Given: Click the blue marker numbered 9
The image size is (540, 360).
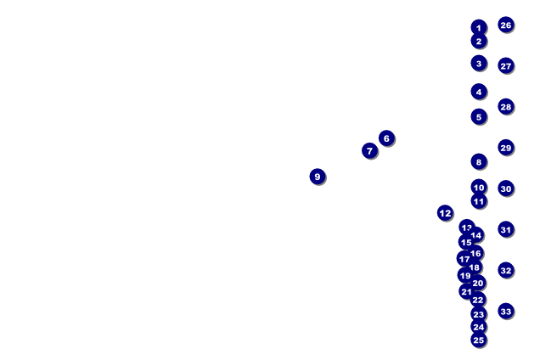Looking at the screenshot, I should (318, 177).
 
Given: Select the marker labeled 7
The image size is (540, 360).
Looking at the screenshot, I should (369, 151).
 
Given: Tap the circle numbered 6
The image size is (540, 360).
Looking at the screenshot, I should (386, 138).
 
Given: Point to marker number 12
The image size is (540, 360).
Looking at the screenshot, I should (445, 213).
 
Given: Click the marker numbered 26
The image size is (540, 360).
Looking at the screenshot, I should (506, 25).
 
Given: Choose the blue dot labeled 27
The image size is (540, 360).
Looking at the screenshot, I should (506, 66).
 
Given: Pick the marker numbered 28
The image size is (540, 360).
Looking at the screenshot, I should (506, 107).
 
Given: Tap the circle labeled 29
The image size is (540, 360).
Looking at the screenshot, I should (506, 148).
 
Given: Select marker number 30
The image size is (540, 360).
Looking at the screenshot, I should (506, 188).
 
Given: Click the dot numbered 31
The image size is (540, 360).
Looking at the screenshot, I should (506, 229).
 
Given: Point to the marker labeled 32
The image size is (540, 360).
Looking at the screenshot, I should (506, 271).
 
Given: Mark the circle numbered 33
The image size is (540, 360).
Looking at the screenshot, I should (506, 312).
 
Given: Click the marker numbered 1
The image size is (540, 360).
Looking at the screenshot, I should (479, 28).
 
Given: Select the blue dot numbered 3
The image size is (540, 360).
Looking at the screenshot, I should (479, 64).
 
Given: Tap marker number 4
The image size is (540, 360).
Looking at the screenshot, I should (479, 92).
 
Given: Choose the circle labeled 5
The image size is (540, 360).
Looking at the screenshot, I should (479, 117).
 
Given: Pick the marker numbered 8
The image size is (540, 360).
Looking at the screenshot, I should (479, 162).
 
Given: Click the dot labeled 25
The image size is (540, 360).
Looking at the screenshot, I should (479, 340).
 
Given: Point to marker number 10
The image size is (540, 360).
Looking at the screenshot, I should (479, 188).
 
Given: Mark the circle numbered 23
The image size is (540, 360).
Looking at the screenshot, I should (479, 315).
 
